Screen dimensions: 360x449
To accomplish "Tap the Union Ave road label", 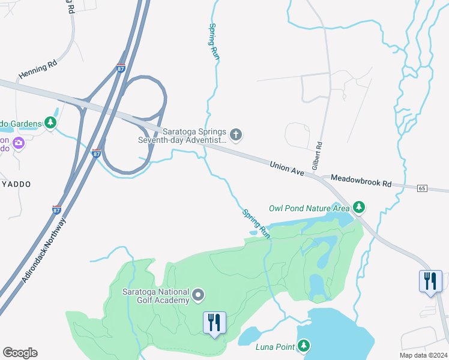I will [289, 168].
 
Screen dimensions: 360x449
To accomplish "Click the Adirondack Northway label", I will [43, 252].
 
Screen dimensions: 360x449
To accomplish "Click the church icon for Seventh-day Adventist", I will [236, 134].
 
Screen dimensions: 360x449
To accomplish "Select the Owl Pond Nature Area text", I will [309, 208].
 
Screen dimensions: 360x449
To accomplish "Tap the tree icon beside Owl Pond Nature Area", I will [359, 208].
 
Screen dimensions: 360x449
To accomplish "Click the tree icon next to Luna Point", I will [304, 346].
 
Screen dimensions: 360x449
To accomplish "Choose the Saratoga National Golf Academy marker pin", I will [199, 295].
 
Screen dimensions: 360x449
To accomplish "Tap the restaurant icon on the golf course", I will [214, 323].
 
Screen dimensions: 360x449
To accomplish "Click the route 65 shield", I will [422, 188].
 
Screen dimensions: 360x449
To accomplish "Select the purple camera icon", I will [18, 143].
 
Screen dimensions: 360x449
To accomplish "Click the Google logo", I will [20, 353].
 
